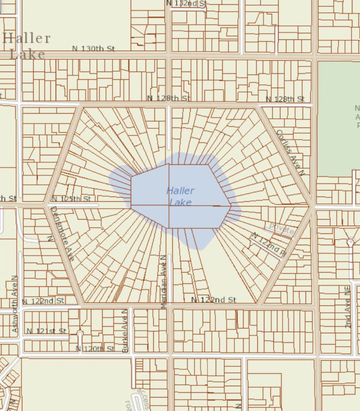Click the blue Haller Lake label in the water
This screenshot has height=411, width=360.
tap(180, 197)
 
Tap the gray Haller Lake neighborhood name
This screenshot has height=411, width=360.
tap(27, 46)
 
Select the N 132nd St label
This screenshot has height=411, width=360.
tap(187, 3)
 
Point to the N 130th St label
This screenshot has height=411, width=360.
tap(94, 48)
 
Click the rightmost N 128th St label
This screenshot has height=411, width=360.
tap(285, 99)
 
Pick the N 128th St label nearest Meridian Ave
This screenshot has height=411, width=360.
tap(169, 98)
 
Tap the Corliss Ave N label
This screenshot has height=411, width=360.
tap(290, 152)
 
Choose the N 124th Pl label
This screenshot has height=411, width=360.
tap(269, 244)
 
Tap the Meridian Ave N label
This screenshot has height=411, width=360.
tap(163, 282)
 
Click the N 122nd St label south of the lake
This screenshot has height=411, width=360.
tap(213, 299)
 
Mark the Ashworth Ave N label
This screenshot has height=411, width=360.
tap(15, 304)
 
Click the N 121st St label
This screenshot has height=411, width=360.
tap(46, 331)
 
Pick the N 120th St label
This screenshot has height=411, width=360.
tap(95, 349)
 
